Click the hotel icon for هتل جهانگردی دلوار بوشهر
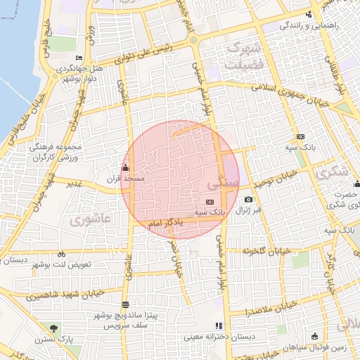(x=79, y=58)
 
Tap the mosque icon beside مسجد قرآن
(x=126, y=167)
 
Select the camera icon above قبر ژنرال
(x=248, y=200)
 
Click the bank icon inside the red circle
(x=209, y=202)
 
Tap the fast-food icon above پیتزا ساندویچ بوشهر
(x=125, y=304)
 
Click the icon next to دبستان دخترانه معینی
(x=219, y=326)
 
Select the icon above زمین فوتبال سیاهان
(x=314, y=336)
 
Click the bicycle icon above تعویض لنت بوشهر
(x=61, y=254)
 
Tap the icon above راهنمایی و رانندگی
(x=308, y=15)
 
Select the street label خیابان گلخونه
(x=266, y=251)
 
